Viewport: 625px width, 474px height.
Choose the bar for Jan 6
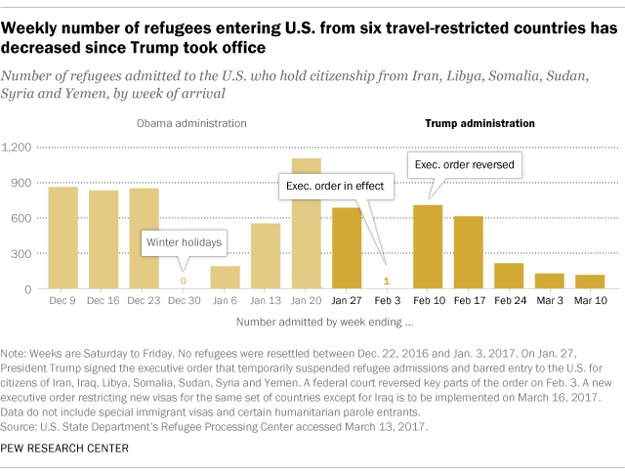coord(226,278)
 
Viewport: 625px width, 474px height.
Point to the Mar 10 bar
coord(589,282)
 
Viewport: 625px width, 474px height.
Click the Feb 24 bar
coord(509,277)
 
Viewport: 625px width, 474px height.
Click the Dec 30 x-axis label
coord(185,301)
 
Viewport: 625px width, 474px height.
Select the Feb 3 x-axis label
coord(387,301)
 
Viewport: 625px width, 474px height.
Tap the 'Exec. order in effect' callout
coord(335,185)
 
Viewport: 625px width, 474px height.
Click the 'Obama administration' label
coord(191,124)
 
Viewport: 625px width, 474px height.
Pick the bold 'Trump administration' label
coord(479,124)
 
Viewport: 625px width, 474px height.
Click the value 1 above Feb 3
coord(387,281)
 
